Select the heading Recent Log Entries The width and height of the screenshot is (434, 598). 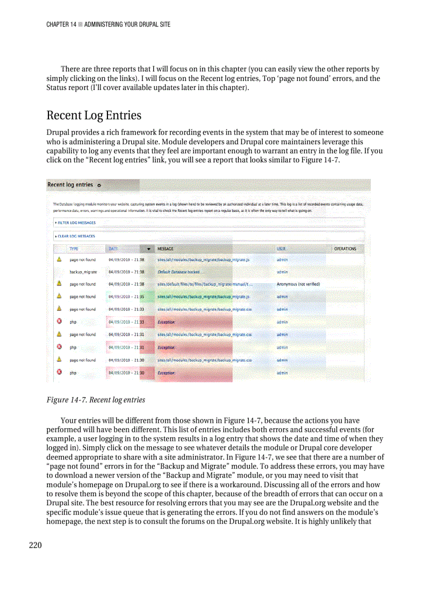[x=94, y=115]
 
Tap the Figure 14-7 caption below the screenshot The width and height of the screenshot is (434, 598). [x=96, y=399]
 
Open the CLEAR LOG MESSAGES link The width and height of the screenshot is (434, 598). [x=76, y=236]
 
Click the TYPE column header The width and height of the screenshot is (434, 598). [x=73, y=249]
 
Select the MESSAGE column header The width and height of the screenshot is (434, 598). [x=165, y=249]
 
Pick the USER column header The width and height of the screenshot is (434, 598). [x=281, y=249]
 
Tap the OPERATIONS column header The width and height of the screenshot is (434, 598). [x=345, y=249]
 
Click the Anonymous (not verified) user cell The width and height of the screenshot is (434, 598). [x=298, y=284]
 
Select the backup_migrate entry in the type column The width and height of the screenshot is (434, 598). [x=83, y=272]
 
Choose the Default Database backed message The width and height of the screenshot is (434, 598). [x=178, y=272]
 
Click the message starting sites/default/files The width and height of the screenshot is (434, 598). [x=205, y=284]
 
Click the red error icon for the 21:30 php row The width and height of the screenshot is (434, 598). [x=60, y=373]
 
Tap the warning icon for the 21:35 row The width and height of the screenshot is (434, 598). [x=60, y=297]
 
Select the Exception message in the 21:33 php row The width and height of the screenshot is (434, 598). [x=166, y=322]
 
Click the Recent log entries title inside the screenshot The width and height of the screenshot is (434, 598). [x=70, y=185]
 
